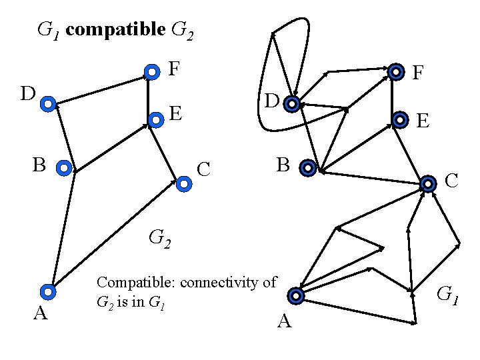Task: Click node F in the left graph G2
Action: click(152, 71)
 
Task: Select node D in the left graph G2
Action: click(48, 104)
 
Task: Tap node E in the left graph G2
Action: click(155, 120)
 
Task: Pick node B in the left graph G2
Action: click(64, 169)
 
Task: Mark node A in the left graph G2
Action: click(48, 291)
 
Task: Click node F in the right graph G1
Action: click(396, 71)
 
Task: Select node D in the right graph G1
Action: click(291, 104)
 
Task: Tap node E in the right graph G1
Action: click(399, 120)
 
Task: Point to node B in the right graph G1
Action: click(307, 168)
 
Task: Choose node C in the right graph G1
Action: click(427, 183)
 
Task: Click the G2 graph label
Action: click(159, 237)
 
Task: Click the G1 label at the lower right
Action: click(447, 293)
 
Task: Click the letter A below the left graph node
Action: click(40, 313)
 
